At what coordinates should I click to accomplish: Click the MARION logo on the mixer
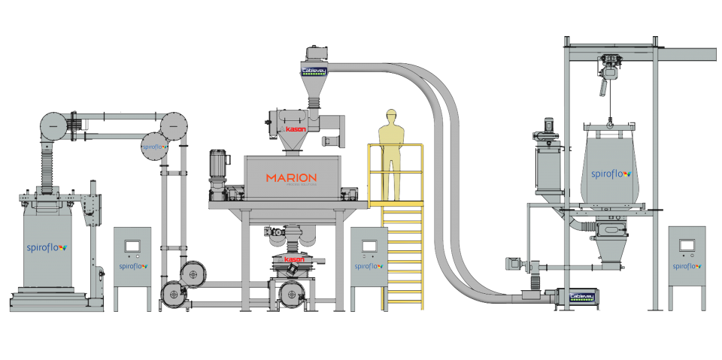click(291, 178)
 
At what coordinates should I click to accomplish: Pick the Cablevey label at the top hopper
click(313, 71)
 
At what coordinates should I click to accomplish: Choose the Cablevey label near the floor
click(582, 297)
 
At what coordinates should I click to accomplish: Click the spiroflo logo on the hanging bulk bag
click(610, 173)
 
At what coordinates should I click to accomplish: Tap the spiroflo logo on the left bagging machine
click(47, 246)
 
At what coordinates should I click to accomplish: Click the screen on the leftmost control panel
click(132, 246)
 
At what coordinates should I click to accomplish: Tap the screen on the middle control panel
click(369, 246)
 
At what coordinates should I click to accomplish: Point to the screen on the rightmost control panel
click(687, 246)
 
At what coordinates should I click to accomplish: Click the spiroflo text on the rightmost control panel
click(687, 265)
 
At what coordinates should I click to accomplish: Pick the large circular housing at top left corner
click(53, 126)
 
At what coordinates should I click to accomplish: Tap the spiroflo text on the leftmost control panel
click(132, 265)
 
